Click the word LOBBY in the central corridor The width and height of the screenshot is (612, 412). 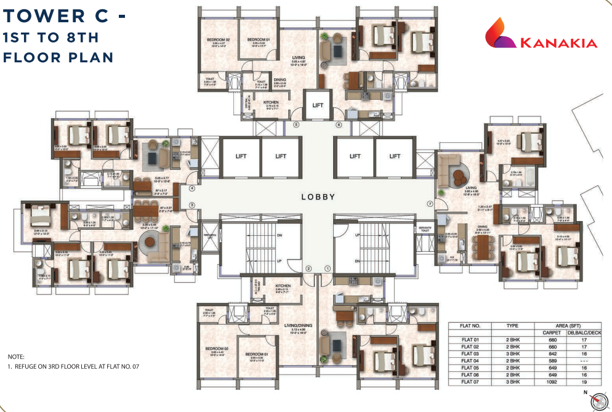(x=318, y=197)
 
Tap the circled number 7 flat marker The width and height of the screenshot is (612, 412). (x=430, y=204)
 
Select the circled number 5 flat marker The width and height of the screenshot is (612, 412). (x=296, y=125)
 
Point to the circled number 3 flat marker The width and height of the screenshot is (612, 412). (x=191, y=205)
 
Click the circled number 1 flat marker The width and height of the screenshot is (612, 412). (x=328, y=268)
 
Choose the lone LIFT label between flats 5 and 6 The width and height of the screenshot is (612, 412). (x=318, y=105)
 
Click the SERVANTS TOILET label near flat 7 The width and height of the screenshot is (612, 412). (x=424, y=229)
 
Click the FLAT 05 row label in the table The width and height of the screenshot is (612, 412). (x=470, y=368)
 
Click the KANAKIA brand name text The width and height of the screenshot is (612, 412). (x=559, y=43)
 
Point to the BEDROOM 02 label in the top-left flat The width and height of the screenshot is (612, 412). (x=218, y=40)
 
